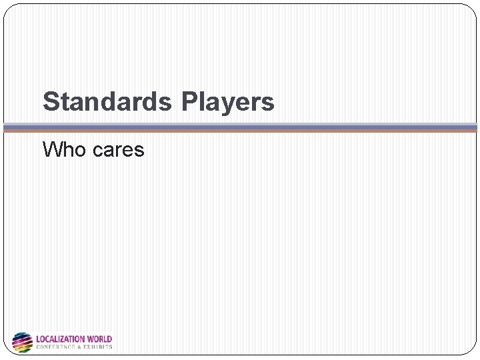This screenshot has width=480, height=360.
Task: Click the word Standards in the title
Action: pos(107,102)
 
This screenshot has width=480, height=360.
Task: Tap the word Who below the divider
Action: pos(65,149)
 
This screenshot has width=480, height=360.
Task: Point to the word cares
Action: pos(118,151)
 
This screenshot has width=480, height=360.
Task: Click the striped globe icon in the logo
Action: pos(22,342)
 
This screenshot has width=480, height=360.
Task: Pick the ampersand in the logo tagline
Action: pos(83,347)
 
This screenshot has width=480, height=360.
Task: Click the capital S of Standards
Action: pos(50,102)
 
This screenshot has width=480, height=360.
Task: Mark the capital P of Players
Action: pos(189,102)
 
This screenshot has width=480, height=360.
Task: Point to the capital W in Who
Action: pos(53,149)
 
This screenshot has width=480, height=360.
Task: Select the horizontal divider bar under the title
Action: pos(240,127)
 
